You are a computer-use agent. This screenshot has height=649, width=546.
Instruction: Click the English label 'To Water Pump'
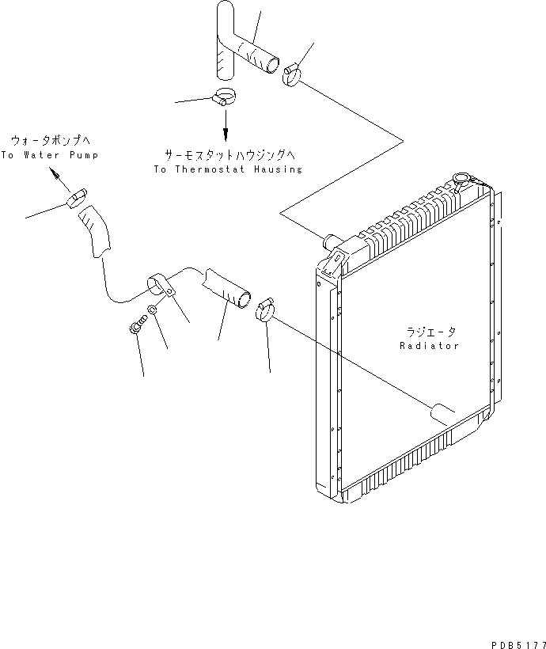pos(50,156)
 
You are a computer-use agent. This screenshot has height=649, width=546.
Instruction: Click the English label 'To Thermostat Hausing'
pos(227,169)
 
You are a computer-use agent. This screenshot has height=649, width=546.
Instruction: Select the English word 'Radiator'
pos(430,346)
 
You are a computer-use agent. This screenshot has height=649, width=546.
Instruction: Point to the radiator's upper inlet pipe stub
pos(330,240)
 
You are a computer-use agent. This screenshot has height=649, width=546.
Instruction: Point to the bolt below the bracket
pos(137,324)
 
